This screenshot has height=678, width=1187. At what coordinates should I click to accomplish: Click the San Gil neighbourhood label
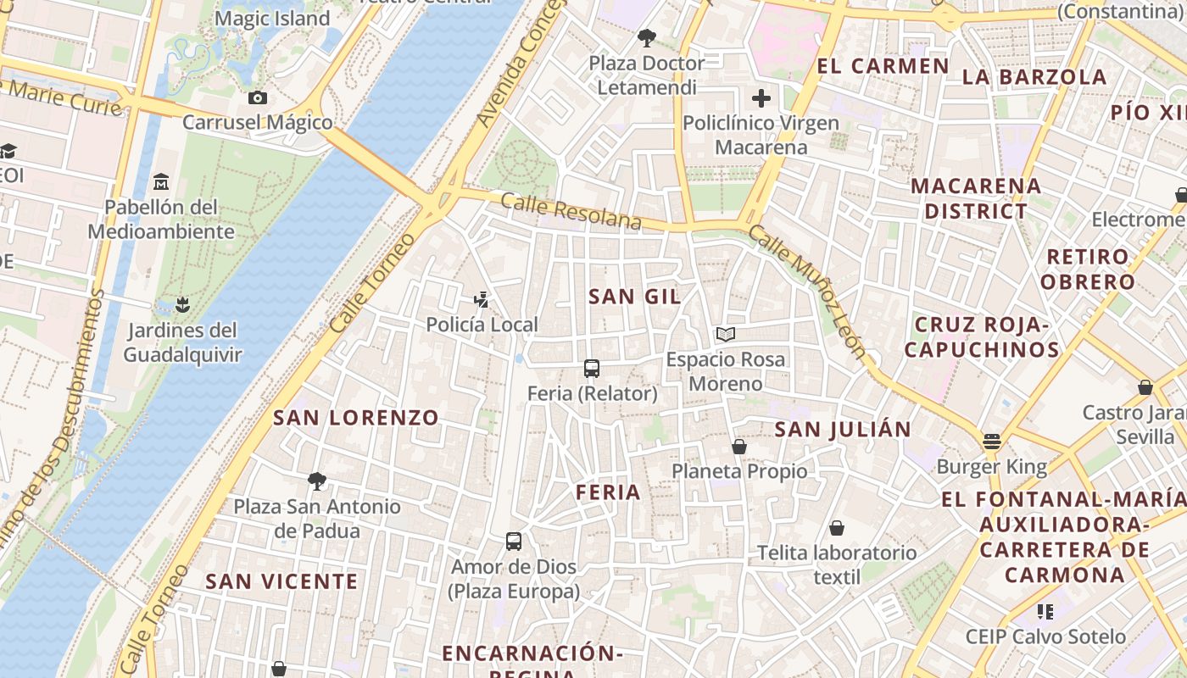pos(635,297)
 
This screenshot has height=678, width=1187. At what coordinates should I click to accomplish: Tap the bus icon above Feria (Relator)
pos(592,369)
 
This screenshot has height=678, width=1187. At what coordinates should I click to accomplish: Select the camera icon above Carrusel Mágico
pos(259,98)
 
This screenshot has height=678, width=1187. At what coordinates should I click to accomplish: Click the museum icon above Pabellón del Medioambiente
pos(161,182)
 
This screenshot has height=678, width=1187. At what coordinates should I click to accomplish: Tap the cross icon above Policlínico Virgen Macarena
pos(761,98)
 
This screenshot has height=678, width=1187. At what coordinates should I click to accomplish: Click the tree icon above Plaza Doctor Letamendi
pos(647,38)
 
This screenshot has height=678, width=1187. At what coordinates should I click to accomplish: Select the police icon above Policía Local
pos(482,299)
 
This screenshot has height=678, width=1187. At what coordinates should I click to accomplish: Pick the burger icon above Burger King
pos(992,442)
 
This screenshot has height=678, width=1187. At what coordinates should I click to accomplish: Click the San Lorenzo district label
pos(356,417)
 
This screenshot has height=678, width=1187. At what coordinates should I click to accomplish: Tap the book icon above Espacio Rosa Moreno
pos(725,334)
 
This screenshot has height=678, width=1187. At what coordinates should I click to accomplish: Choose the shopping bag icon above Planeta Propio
pos(739,446)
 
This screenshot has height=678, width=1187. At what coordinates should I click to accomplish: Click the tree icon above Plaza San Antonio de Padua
pos(317,481)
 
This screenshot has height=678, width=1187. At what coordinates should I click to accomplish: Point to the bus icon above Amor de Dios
pos(514,542)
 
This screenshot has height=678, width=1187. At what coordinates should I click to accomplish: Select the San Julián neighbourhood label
pos(843,429)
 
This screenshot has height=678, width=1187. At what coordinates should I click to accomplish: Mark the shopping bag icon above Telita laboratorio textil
pos(837,528)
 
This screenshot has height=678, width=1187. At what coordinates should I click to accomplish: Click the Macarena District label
pos(975,198)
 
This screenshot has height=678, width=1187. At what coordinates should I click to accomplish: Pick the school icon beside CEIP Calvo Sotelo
pos(1045,611)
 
